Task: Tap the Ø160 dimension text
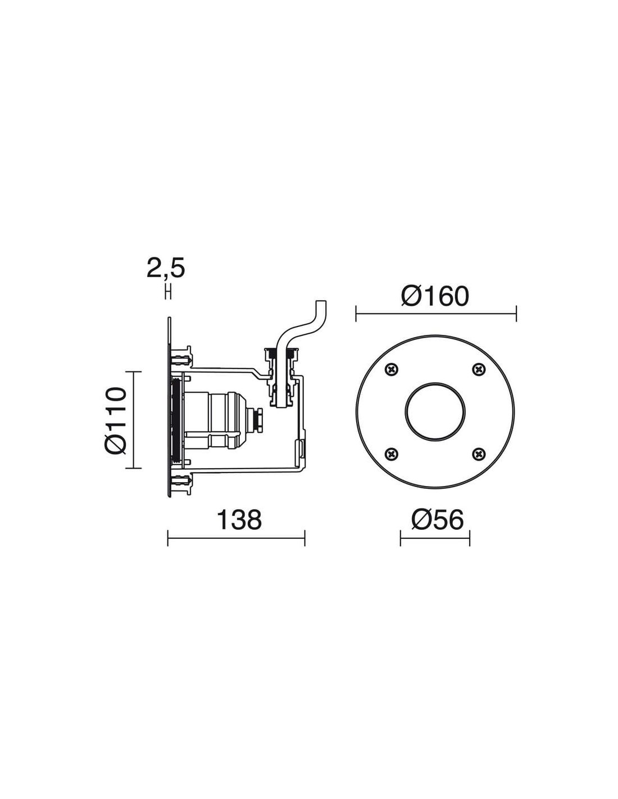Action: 435,296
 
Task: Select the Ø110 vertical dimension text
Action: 115,420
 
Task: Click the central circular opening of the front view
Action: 435,411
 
